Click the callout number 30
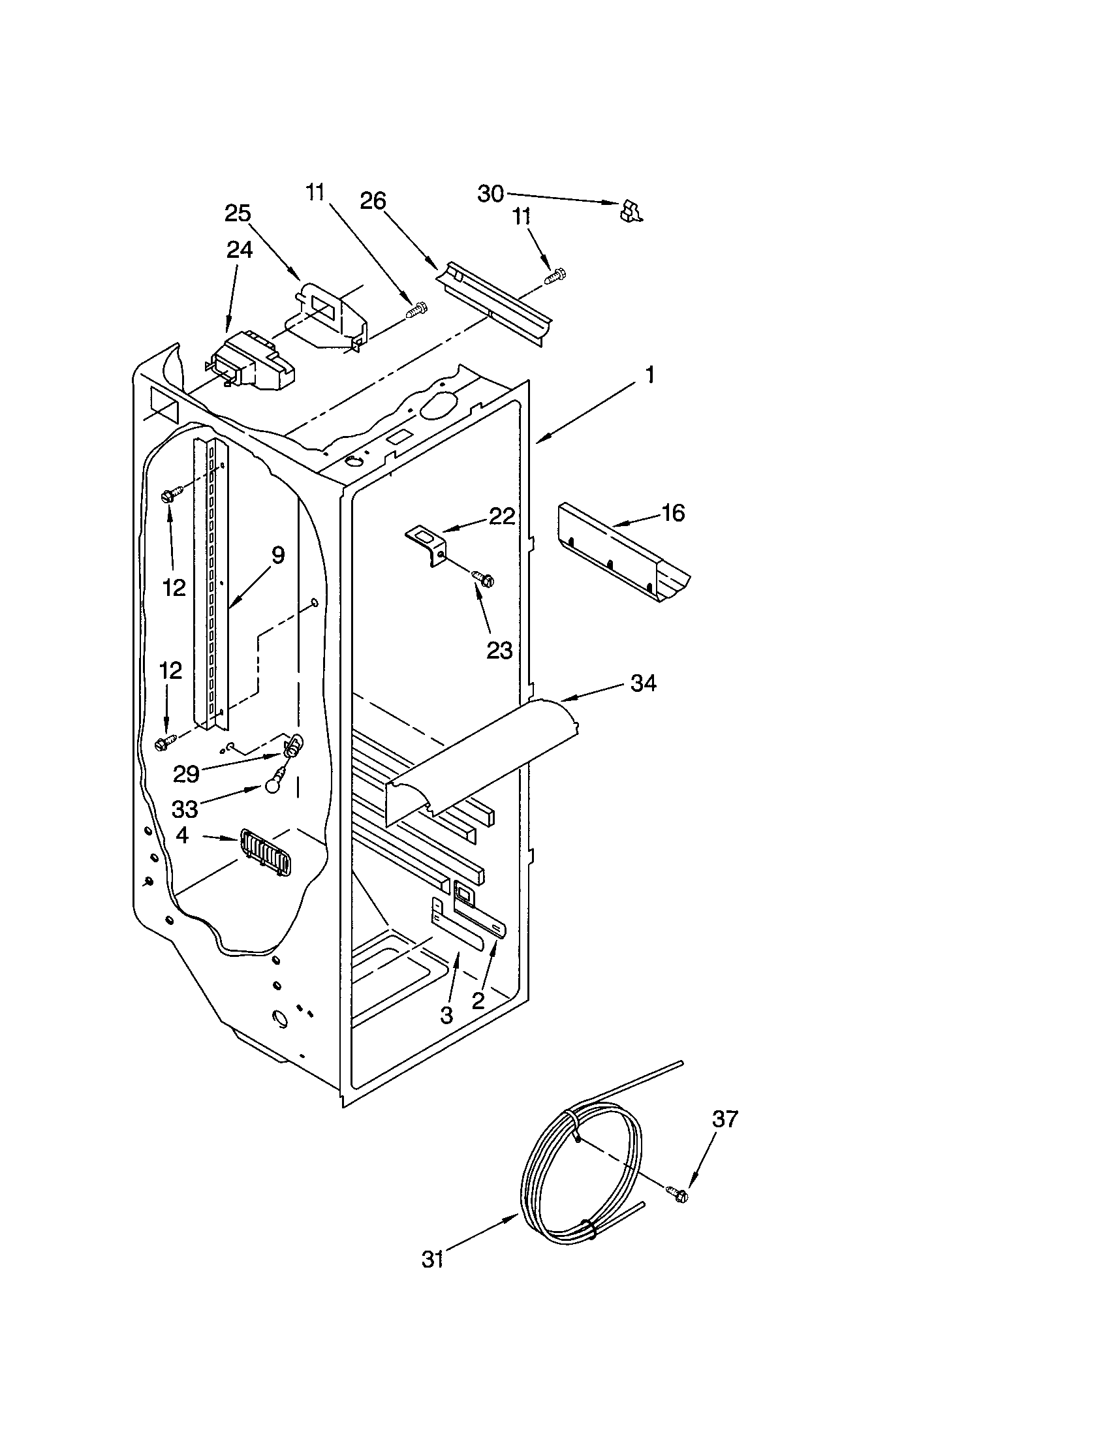tap(490, 194)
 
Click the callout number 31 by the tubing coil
tap(433, 1260)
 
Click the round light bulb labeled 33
tap(275, 786)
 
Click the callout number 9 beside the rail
tap(278, 555)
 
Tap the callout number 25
tap(238, 213)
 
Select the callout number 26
tap(373, 201)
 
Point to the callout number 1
tap(649, 375)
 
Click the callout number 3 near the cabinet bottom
tap(446, 1015)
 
